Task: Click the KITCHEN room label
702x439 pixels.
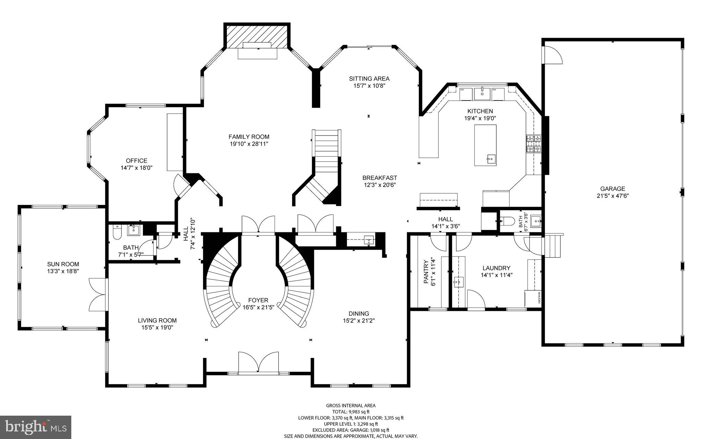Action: tap(480, 111)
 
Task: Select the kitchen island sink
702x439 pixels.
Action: tap(491, 159)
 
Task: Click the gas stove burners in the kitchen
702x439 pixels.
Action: tap(534, 144)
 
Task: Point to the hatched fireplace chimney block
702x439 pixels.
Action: tap(257, 36)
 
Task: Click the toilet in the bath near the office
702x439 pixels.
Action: tap(117, 233)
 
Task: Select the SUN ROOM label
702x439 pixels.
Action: tap(63, 264)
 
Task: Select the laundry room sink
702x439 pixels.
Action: tap(458, 282)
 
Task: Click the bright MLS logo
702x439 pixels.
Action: tap(35, 427)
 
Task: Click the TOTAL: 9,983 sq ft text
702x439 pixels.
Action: tap(351, 412)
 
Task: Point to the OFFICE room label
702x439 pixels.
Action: tap(136, 161)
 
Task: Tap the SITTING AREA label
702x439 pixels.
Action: tap(369, 79)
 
